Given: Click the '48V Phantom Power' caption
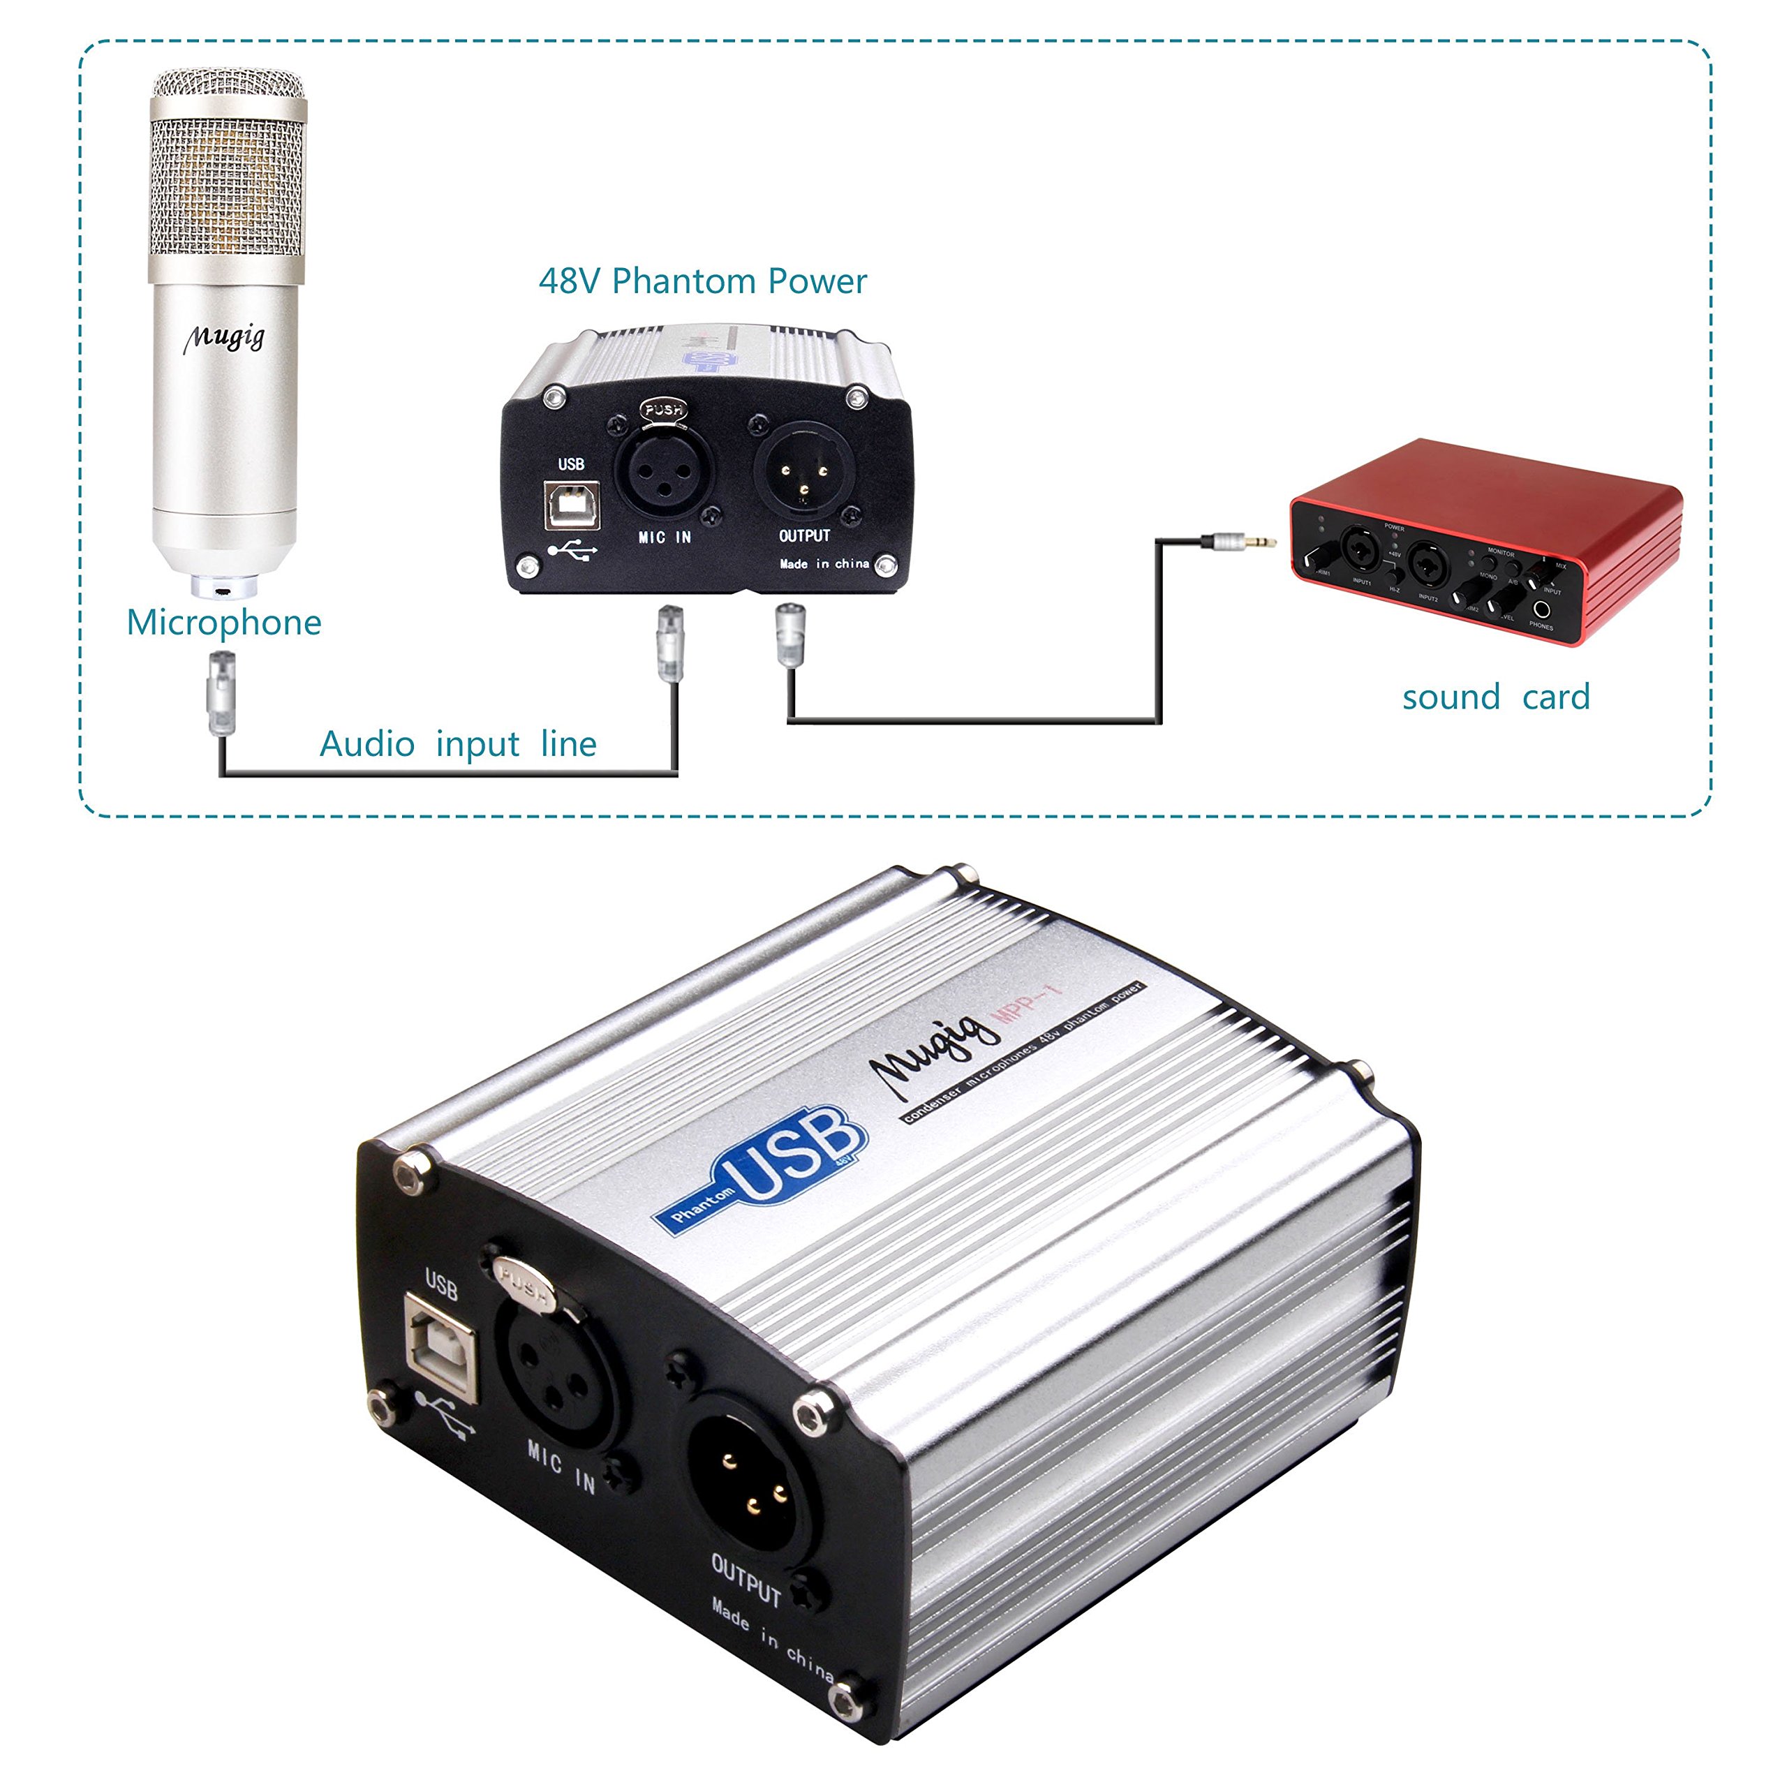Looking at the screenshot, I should point(702,281).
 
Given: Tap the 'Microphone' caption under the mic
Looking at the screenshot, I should point(224,623).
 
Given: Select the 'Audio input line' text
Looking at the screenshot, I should point(458,743).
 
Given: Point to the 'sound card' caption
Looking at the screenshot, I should point(1496,697).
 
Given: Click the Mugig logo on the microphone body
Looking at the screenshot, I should point(224,339).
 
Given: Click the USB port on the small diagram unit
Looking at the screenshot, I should point(572,504).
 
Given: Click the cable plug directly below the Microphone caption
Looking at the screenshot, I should point(222,692).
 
